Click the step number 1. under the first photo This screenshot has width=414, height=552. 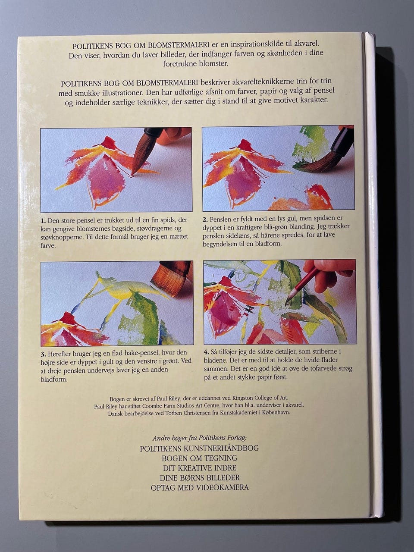point(43,221)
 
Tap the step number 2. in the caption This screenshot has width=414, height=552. point(205,219)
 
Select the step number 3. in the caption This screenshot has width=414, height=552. point(44,354)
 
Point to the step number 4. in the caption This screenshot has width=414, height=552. point(207,351)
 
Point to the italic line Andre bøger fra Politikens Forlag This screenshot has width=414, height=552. point(200,438)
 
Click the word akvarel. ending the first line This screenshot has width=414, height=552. point(308,44)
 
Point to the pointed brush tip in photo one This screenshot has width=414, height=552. point(133,174)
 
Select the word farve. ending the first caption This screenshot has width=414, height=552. point(48,245)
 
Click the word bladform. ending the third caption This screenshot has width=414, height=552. point(54,379)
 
